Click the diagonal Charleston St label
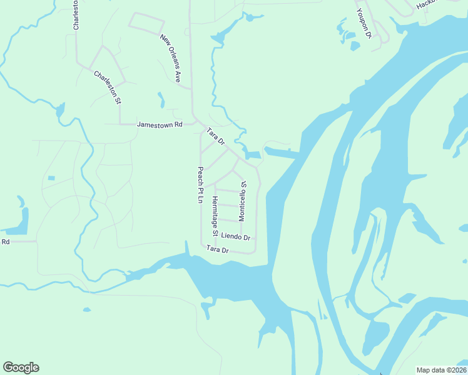pos(106,86)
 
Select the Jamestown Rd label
pos(159,124)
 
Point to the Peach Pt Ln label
pos(201,185)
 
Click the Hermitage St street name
pos(215,216)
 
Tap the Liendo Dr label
pos(235,237)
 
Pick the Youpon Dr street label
pos(364,23)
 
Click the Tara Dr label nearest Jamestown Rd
pos(216,136)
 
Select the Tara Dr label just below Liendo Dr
pos(218,250)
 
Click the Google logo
pos(21,367)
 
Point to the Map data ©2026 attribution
pos(440,370)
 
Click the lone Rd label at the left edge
pos(6,241)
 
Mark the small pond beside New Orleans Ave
pos(161,100)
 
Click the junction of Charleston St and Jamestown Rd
pos(120,124)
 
